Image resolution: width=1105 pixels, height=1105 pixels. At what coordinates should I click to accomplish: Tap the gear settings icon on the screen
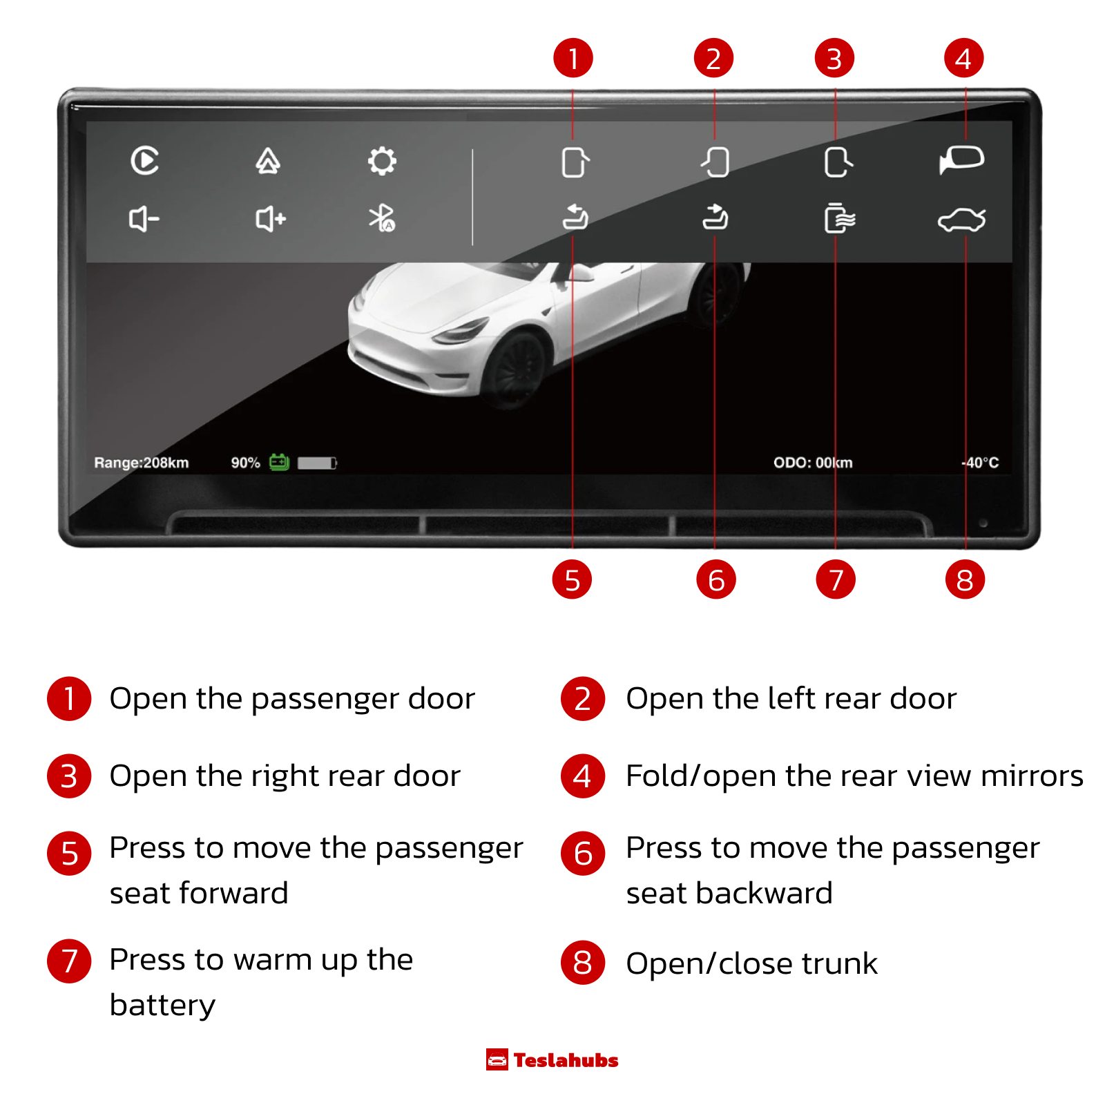[x=382, y=161]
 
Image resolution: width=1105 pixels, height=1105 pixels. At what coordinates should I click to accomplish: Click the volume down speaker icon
[x=144, y=220]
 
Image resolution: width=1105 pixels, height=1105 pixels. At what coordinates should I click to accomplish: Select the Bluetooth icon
[x=381, y=218]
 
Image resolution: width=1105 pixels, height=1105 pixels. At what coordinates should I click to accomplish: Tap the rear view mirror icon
[x=961, y=160]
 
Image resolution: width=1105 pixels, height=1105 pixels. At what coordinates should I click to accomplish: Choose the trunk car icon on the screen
[x=961, y=220]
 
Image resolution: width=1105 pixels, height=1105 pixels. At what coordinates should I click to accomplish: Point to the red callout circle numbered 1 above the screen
[x=573, y=58]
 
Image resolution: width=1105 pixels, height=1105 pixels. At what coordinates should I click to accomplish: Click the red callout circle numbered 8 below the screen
[x=965, y=579]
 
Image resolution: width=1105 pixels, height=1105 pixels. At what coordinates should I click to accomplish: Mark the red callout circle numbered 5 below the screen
[x=572, y=579]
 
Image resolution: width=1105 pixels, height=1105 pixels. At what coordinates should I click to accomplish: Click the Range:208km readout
[x=142, y=463]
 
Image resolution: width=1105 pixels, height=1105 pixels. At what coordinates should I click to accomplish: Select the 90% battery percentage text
[x=245, y=463]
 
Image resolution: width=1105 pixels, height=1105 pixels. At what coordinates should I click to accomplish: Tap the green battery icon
[x=279, y=461]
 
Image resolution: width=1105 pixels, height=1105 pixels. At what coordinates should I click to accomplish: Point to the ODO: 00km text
[x=813, y=463]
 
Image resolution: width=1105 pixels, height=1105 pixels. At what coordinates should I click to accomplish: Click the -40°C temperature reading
[x=980, y=463]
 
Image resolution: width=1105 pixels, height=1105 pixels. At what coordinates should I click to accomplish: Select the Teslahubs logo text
[x=566, y=1060]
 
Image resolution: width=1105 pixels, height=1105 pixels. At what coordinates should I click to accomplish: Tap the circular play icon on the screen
[x=145, y=161]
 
